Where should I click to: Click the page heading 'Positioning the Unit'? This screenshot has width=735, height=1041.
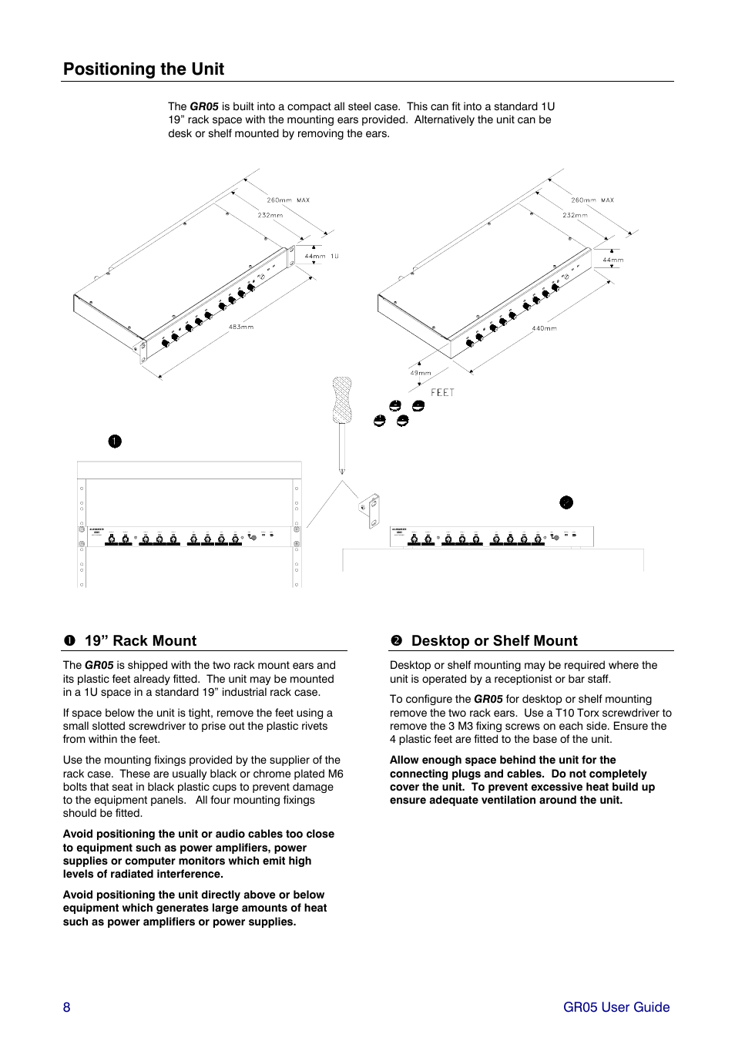[x=143, y=69]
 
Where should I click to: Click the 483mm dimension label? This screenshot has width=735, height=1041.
[x=240, y=327]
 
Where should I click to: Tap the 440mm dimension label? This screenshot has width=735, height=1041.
[x=544, y=329]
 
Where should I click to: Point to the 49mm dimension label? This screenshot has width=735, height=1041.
[x=421, y=373]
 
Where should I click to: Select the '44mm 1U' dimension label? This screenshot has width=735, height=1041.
[x=321, y=257]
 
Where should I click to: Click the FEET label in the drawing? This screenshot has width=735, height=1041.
[x=442, y=393]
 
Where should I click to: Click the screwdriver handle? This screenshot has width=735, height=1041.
[x=342, y=399]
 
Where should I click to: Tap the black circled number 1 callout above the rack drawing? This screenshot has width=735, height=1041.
[x=115, y=442]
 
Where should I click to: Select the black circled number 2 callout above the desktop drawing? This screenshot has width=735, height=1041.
[x=566, y=502]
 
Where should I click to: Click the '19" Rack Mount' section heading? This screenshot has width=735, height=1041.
[x=140, y=641]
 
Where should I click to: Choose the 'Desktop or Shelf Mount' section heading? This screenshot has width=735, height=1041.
[x=494, y=641]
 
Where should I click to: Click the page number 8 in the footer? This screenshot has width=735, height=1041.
[x=67, y=1007]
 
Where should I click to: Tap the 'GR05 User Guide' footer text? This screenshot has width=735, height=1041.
[x=616, y=1007]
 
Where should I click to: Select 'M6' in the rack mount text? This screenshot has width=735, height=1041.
[x=335, y=774]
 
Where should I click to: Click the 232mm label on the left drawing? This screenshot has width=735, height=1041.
[x=270, y=216]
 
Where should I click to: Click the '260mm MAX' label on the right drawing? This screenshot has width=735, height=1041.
[x=592, y=200]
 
